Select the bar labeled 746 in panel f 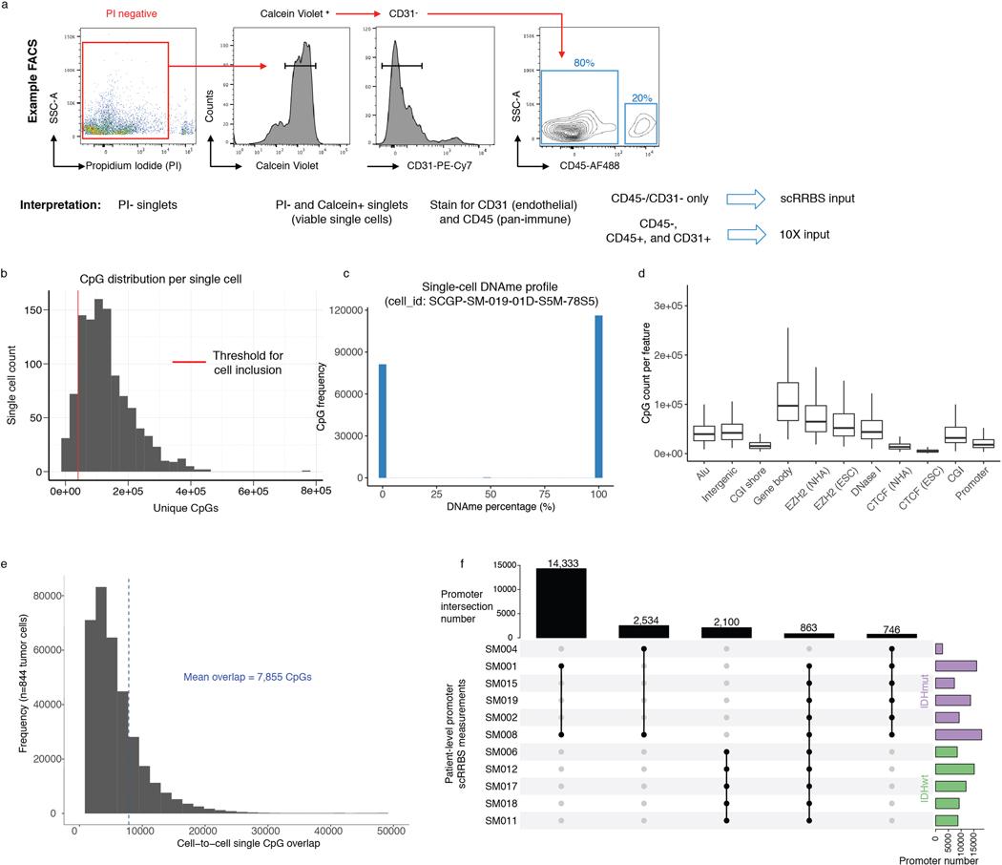click(x=890, y=635)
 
